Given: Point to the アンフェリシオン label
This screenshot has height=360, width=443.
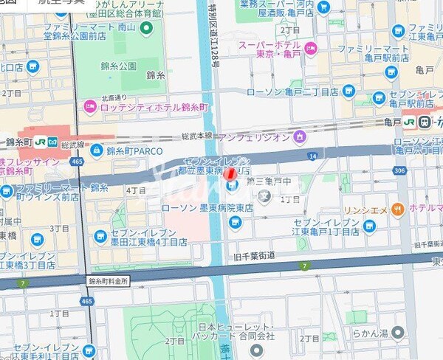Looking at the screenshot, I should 253,136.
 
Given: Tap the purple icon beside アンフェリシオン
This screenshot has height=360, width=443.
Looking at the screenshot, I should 299,136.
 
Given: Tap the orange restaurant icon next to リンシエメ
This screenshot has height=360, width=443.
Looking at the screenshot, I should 398,209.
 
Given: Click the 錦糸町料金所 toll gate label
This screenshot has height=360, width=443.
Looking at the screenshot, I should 109,280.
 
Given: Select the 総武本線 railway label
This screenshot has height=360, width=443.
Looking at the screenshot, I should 196,136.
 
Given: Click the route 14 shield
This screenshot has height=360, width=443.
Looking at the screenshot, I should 312,156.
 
